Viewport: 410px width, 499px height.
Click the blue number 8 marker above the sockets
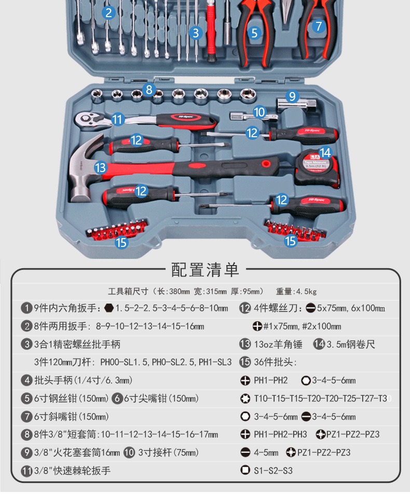pos(149,89)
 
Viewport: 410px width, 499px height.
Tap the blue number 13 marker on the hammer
pos(101,167)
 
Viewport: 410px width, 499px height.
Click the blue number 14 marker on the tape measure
pos(325,153)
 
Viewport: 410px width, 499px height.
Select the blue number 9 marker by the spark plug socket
pos(292,96)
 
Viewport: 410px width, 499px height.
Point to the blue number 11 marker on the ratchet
pos(118,120)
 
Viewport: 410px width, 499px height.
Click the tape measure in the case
pos(317,168)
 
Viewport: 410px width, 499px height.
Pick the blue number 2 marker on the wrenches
pos(108,12)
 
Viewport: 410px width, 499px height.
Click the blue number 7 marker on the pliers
pos(319,26)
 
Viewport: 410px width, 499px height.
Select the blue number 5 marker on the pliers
pos(254,33)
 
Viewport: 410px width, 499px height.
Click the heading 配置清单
pos(205,270)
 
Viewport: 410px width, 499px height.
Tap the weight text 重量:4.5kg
pos(296,291)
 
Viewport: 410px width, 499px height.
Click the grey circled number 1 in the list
pos(26,308)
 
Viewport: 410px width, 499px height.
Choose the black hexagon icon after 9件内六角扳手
pos(108,308)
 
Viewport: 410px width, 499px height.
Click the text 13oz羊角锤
pos(278,344)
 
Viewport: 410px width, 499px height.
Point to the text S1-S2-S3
pos(273,470)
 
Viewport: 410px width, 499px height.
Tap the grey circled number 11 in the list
pos(26,471)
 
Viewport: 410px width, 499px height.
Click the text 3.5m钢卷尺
pos(351,344)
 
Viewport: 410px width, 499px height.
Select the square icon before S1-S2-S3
pos(245,470)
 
